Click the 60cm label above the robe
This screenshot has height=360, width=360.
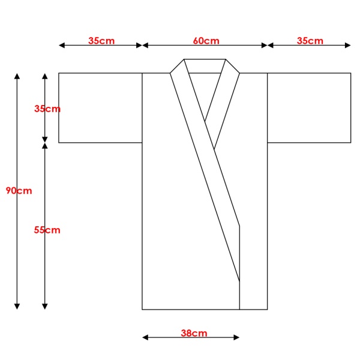click(206, 41)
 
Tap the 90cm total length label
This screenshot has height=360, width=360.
click(19, 191)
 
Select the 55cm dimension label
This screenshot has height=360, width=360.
click(47, 230)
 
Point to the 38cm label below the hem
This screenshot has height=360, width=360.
click(194, 333)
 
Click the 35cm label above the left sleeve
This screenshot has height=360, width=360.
click(101, 41)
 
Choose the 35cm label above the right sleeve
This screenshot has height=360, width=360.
click(310, 41)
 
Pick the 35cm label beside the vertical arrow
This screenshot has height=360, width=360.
click(47, 109)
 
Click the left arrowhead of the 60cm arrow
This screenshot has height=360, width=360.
click(145, 46)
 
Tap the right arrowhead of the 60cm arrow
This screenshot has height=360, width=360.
click(264, 46)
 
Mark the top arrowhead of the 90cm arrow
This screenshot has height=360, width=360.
click(17, 76)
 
